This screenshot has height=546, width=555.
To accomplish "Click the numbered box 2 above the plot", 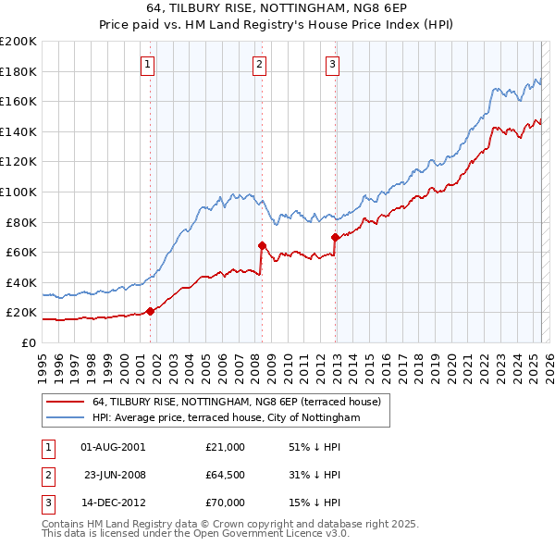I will point(259,64).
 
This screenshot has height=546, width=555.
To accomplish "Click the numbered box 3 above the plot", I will point(332,64).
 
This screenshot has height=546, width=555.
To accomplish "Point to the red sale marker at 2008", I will point(262,245).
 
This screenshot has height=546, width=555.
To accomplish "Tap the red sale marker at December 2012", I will point(335,237).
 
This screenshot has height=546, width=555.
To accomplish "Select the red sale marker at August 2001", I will point(150,311).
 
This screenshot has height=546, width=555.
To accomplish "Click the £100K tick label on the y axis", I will point(18,192).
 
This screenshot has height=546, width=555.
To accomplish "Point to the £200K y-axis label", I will point(18,42).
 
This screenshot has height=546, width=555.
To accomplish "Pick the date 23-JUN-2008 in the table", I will point(114,475).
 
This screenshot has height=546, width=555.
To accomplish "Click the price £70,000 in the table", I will point(226,503).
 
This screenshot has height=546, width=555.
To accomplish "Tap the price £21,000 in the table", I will point(226,447).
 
